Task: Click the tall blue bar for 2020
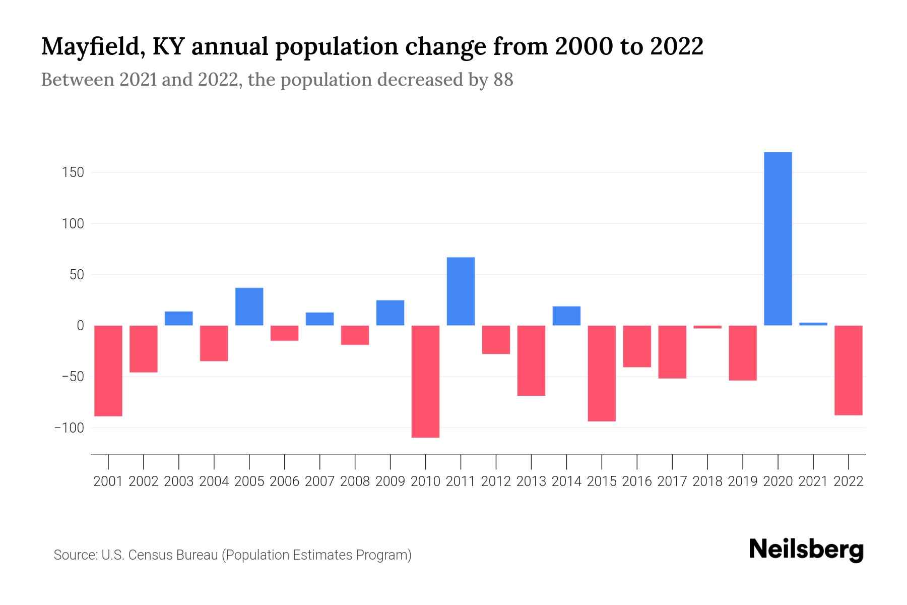778,238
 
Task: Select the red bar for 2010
425,381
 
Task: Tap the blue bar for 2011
461,291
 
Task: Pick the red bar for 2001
108,371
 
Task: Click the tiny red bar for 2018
707,327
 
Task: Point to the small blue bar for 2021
813,324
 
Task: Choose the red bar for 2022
848,370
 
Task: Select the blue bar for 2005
249,307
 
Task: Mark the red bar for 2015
602,373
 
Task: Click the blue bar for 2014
566,316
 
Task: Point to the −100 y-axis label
70,428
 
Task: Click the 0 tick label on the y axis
80,326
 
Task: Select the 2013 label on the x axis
531,481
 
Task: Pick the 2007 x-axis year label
319,481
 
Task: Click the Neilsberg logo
806,550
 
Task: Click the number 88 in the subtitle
503,80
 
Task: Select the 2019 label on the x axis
742,481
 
